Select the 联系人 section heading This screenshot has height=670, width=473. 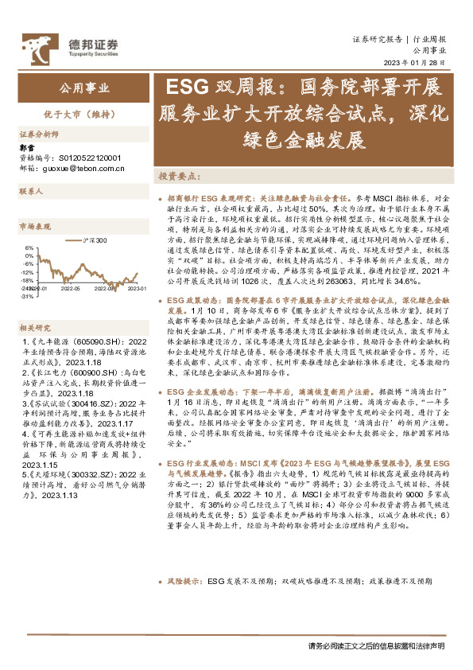[x=31, y=192]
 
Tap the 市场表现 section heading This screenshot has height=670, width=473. [x=35, y=227]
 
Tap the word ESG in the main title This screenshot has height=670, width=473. [x=184, y=87]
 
